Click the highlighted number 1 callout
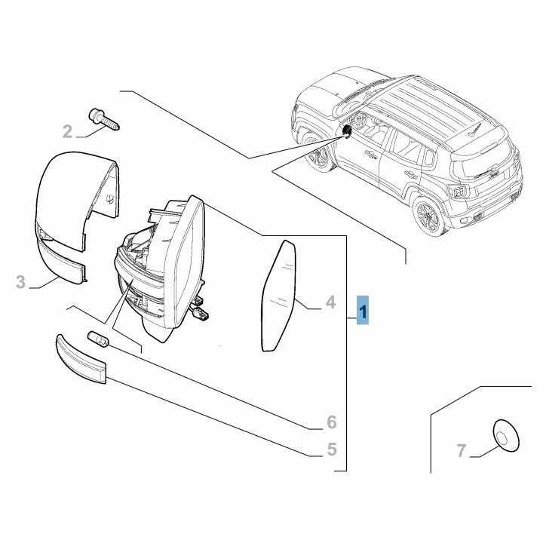click(x=363, y=310)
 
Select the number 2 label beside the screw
click(x=68, y=131)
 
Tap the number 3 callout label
click(x=21, y=282)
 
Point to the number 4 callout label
click(x=331, y=302)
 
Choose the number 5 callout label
click(x=332, y=449)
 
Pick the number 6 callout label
click(x=332, y=422)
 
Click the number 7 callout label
click(x=462, y=451)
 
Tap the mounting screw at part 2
click(x=104, y=119)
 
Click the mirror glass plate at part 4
click(x=278, y=296)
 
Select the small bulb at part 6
click(x=99, y=339)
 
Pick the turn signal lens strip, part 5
click(x=81, y=359)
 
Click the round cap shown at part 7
click(x=506, y=436)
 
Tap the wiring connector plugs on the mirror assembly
click(x=199, y=308)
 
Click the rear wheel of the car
click(x=428, y=216)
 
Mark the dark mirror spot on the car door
click(x=346, y=131)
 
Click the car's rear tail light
click(x=458, y=191)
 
